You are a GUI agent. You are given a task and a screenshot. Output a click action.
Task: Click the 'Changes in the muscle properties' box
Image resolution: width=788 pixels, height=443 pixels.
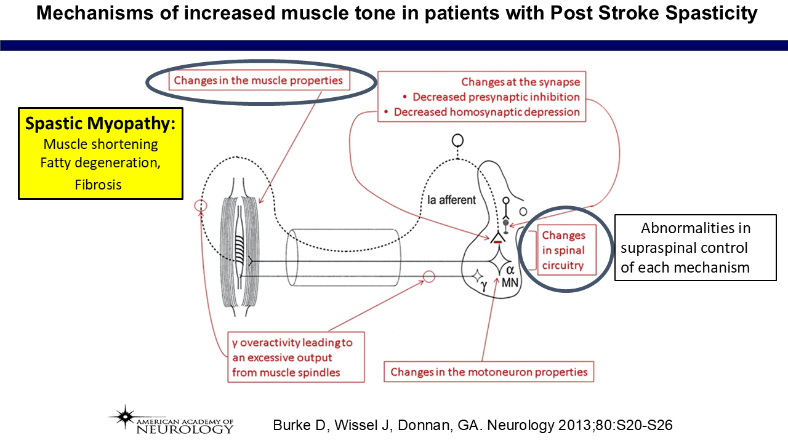[x=258, y=80]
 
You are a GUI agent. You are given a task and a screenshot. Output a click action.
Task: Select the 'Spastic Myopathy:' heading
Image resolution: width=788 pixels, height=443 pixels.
[x=100, y=123]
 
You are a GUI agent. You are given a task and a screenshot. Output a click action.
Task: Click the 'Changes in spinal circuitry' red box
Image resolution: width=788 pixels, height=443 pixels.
[x=563, y=251]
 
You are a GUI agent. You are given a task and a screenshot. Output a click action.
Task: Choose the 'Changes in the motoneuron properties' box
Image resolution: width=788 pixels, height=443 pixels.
[x=489, y=372]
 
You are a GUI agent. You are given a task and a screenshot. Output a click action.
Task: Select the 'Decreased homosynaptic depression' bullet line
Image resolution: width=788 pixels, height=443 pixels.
[x=486, y=112]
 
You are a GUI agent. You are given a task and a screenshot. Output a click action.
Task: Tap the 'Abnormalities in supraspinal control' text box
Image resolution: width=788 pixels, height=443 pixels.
[x=695, y=247]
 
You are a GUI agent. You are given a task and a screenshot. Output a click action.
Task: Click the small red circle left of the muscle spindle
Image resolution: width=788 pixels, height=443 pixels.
[x=200, y=206]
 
